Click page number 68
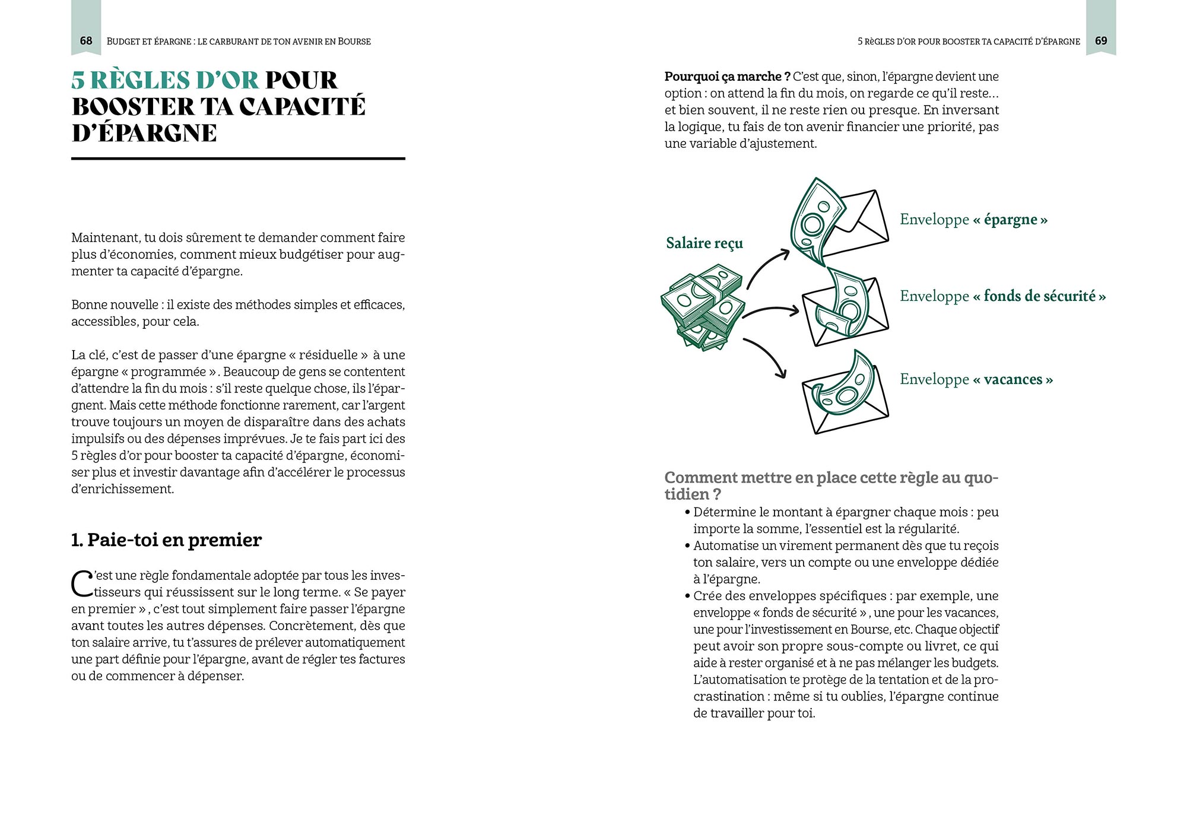click(x=86, y=41)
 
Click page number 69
click(x=1101, y=41)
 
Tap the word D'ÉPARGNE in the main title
click(x=144, y=133)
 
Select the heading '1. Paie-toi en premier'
click(x=166, y=540)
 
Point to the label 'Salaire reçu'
click(x=704, y=243)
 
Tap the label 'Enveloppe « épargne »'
click(x=973, y=220)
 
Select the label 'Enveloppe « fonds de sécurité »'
click(x=1002, y=296)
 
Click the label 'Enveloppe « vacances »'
click(x=976, y=379)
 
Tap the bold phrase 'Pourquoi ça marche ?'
click(x=727, y=77)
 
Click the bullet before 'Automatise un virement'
click(x=687, y=546)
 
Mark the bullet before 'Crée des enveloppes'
click(x=687, y=596)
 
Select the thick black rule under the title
click(x=238, y=158)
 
